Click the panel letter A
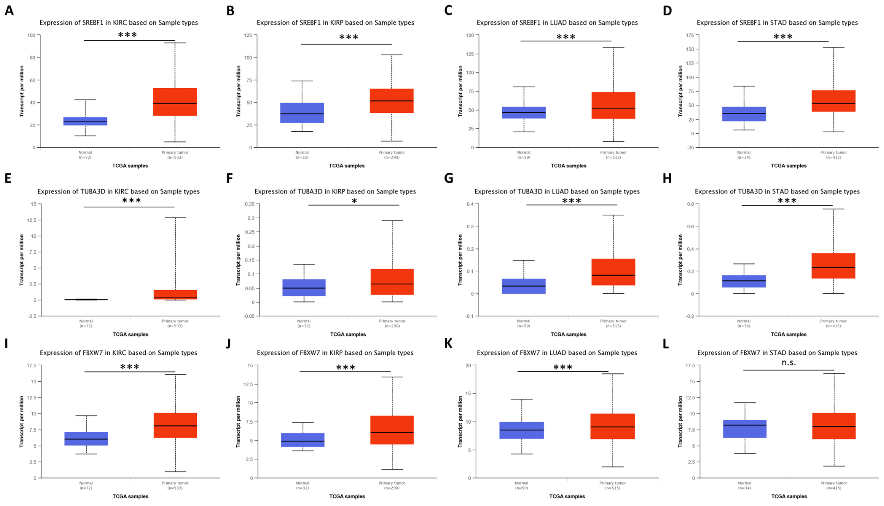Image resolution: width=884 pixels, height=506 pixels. point(9,11)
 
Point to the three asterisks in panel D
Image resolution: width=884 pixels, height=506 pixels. point(783,37)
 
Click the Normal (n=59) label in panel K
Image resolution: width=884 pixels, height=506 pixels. point(521,485)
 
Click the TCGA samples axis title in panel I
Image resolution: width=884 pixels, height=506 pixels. point(130,496)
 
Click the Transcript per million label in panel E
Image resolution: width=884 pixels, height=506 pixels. point(21,260)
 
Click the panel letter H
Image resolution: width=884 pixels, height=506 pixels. point(667,178)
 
